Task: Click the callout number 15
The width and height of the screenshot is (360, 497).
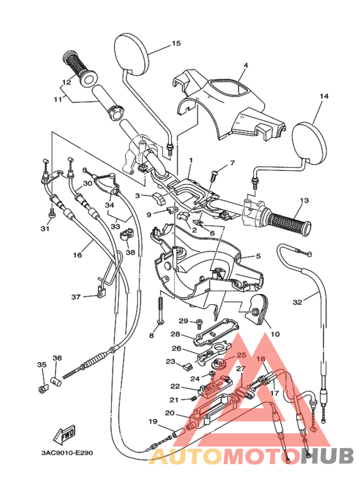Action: [176, 43]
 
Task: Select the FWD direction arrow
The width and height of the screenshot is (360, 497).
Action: [64, 433]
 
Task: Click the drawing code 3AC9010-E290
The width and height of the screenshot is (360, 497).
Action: [67, 453]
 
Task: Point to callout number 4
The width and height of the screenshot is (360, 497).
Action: [246, 65]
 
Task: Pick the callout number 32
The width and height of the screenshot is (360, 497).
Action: [297, 302]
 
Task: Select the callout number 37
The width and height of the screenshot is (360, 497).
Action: [76, 297]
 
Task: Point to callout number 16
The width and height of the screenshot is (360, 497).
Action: [77, 255]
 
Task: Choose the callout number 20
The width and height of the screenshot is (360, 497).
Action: [170, 413]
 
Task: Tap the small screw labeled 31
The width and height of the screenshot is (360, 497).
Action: [51, 213]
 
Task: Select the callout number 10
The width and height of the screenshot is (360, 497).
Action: [275, 334]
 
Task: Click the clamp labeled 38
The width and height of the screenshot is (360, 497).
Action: [127, 235]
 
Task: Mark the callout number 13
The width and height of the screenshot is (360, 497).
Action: [304, 201]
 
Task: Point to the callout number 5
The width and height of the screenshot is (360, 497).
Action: [258, 255]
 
